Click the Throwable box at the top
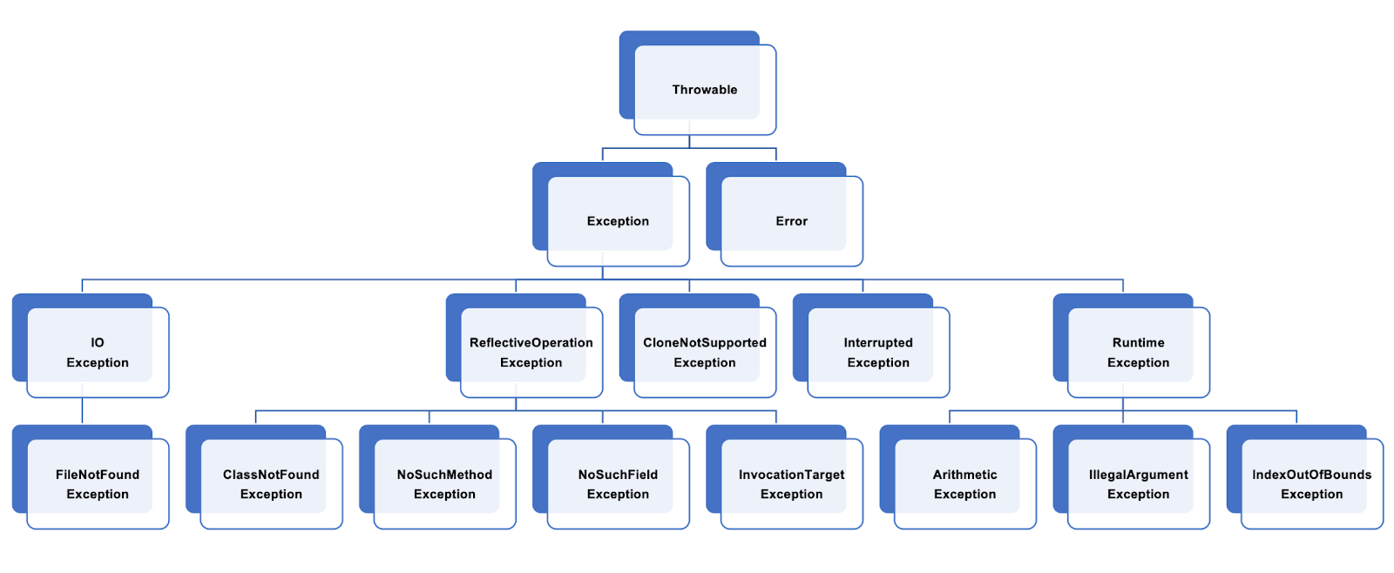point(704,89)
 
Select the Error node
point(791,221)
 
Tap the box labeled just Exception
point(618,221)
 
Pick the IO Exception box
point(97,353)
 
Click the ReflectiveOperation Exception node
point(531,353)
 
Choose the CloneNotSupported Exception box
point(704,353)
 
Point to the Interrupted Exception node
point(877,353)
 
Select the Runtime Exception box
point(1138,353)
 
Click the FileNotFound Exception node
point(97,484)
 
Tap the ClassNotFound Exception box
point(271,484)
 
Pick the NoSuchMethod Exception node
point(444,484)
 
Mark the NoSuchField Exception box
point(618,484)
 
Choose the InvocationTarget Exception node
point(791,484)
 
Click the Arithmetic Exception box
point(964,484)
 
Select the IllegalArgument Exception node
point(1138,484)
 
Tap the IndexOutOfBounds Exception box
point(1311,484)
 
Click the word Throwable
point(704,90)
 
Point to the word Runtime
point(1138,343)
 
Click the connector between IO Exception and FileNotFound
point(82,410)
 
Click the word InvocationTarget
point(791,475)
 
